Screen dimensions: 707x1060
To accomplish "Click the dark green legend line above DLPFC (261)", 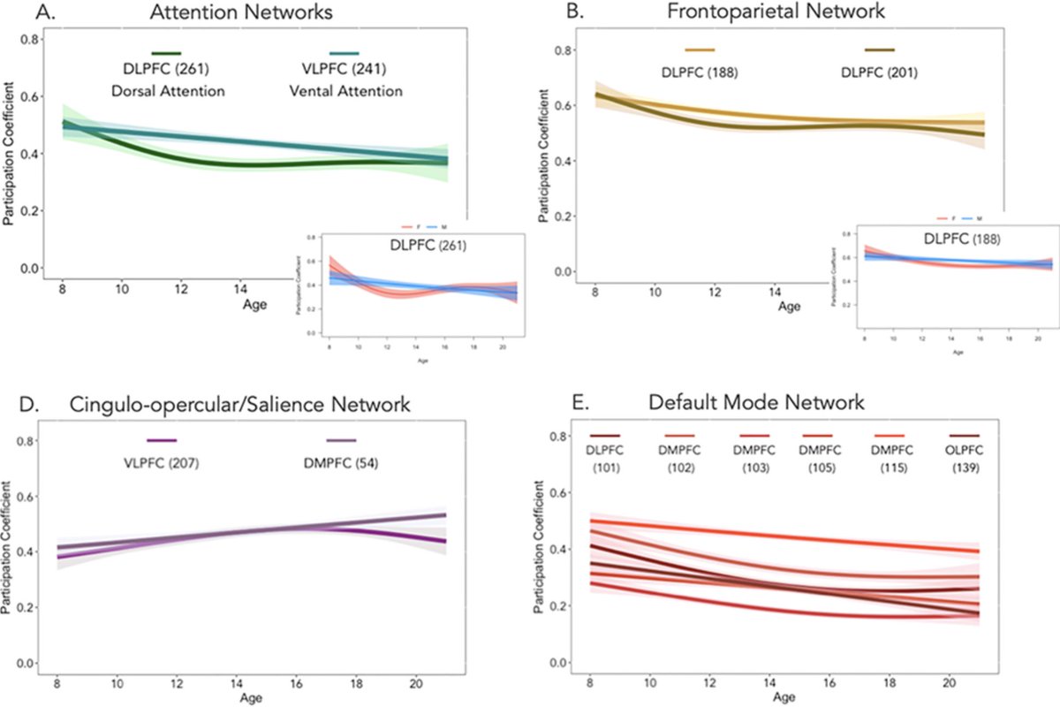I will coord(166,54).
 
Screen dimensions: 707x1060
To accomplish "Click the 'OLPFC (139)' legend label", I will coord(963,460).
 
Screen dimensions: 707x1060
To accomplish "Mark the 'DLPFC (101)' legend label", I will coord(606,460).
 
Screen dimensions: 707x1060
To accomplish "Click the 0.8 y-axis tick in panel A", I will coord(28,41).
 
